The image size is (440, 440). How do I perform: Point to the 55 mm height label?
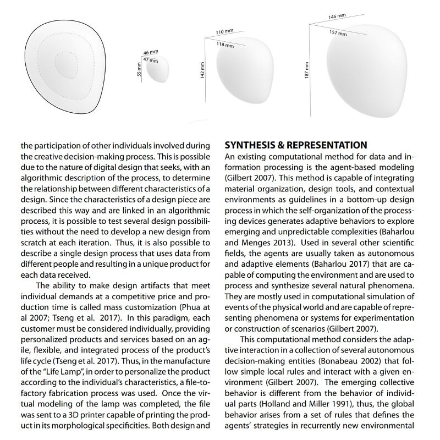(140, 69)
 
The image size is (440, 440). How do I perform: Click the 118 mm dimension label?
(223, 45)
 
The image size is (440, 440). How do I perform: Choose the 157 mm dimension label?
(338, 32)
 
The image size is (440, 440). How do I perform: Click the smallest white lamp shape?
(158, 69)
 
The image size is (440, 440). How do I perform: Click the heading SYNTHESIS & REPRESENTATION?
(296, 146)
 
